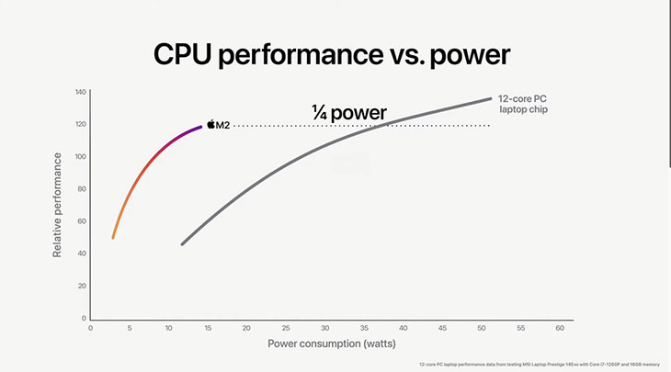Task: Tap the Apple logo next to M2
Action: coord(211,125)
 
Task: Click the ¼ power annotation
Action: coord(348,114)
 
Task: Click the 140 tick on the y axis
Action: coord(80,92)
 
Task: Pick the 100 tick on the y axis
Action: coord(80,156)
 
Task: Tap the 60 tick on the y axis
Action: coord(81,221)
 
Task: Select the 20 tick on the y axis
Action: coord(81,287)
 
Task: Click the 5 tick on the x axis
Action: coord(130,328)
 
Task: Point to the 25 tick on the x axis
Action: coord(285,328)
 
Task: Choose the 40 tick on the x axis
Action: coord(403,328)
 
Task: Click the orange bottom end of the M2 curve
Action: coord(113,237)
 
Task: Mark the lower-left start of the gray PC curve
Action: coord(183,243)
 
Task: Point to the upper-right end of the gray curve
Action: coord(490,99)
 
